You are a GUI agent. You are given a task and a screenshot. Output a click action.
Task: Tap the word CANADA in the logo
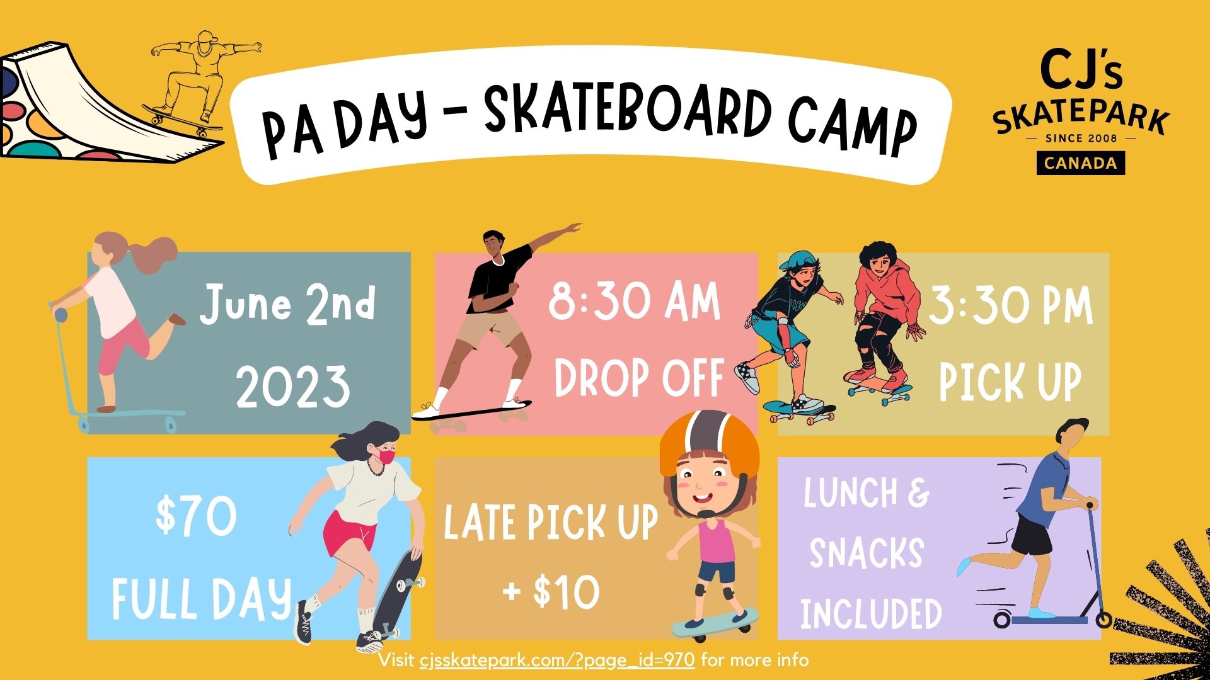1081,163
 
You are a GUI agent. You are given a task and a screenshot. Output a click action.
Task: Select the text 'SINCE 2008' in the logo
1081,138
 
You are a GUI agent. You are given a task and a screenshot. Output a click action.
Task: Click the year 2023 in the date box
293,386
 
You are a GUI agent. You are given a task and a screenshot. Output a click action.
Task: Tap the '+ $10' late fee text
551,592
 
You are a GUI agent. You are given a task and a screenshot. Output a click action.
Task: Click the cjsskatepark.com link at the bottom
557,660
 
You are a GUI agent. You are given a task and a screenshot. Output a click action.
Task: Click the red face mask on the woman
386,455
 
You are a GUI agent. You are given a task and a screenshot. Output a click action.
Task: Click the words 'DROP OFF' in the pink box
638,378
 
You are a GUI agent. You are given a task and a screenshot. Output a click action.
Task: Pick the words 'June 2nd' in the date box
287,304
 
